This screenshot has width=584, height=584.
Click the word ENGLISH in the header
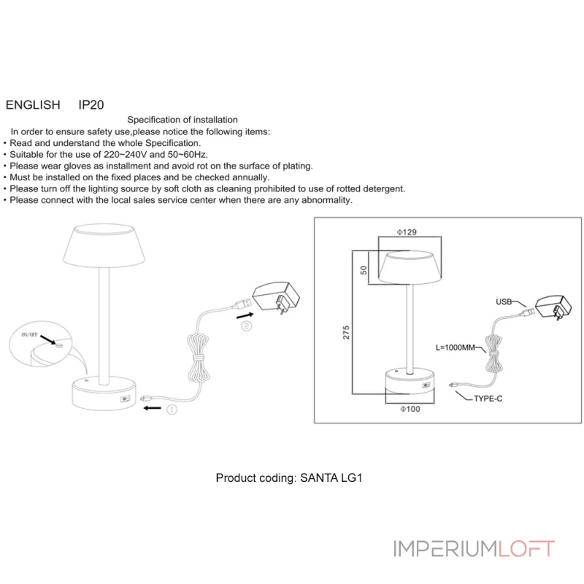pyautogui.click(x=33, y=105)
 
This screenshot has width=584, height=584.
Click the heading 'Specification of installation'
pyautogui.click(x=182, y=120)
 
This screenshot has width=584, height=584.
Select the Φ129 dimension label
pyautogui.click(x=407, y=231)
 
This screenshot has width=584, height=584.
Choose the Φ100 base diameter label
pyautogui.click(x=410, y=409)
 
